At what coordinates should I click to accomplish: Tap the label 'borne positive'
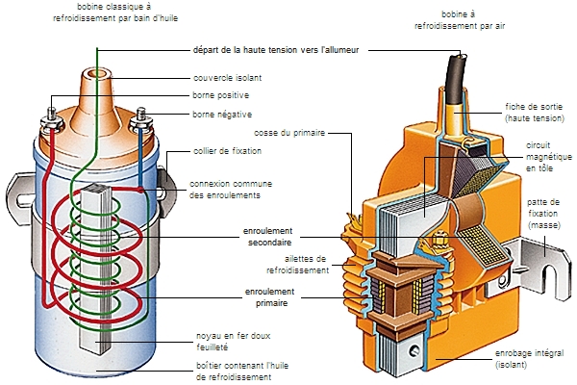click(x=220, y=95)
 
